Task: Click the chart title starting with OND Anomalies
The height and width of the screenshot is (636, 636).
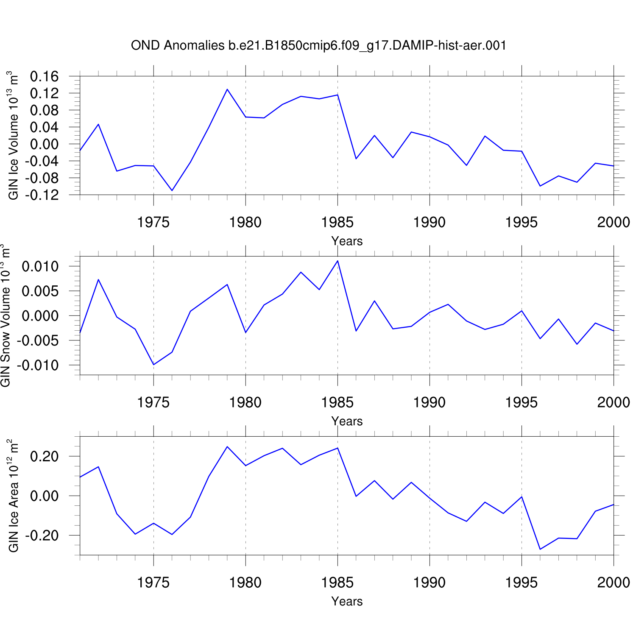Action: (x=318, y=45)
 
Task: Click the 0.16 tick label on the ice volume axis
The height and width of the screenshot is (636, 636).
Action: (x=44, y=77)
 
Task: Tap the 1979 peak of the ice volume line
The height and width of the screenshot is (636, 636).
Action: (x=227, y=89)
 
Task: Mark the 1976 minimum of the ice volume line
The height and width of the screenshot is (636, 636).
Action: (x=172, y=190)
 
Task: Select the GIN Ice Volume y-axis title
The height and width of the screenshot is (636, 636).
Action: (x=13, y=135)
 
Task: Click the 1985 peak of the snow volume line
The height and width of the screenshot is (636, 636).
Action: (x=338, y=261)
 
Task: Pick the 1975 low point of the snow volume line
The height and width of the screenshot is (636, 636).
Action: (x=153, y=365)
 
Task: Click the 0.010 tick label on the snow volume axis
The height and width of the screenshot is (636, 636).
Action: (x=40, y=267)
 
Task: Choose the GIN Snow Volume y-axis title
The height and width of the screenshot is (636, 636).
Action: (x=5, y=315)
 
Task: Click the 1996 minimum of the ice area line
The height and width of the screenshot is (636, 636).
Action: (x=540, y=550)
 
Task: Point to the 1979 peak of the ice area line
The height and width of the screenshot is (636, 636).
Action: (x=227, y=446)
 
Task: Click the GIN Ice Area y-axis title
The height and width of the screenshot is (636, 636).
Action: (x=13, y=496)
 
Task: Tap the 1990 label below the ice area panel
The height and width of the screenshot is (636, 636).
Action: (x=430, y=583)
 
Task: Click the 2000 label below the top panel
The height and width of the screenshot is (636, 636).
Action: (x=613, y=222)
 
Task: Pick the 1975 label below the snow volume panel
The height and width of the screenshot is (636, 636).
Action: (x=153, y=402)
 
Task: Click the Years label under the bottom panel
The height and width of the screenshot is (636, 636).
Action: (x=347, y=601)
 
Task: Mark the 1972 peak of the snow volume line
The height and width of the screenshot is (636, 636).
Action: (x=98, y=279)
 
